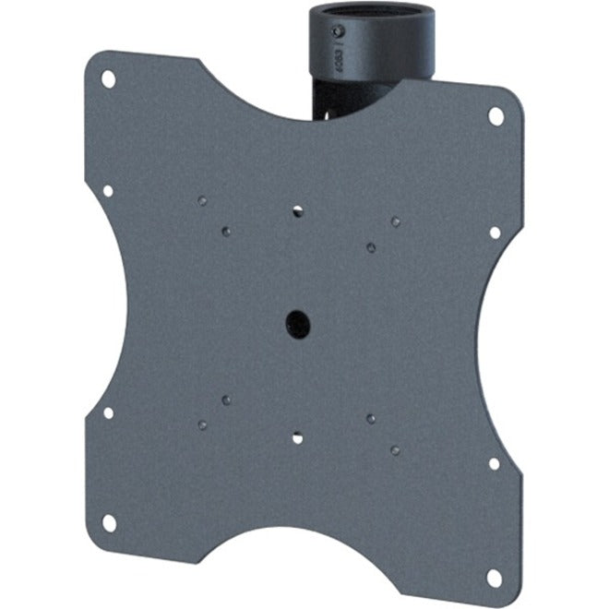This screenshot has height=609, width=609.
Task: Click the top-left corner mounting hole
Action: tap(108, 79)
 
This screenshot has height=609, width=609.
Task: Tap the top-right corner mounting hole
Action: tap(496, 116)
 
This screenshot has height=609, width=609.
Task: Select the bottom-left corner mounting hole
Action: tap(109, 522)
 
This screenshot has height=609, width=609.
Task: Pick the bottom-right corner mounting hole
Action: tap(495, 578)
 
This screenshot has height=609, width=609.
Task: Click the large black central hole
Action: tap(297, 323)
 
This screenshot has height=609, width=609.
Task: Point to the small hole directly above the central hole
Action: tap(297, 211)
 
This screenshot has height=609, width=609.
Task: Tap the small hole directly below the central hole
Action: tap(297, 438)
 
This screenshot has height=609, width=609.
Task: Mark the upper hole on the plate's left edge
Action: tap(108, 191)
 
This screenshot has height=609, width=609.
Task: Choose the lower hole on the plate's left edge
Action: tap(108, 412)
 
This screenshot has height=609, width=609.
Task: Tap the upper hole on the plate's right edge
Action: tap(495, 233)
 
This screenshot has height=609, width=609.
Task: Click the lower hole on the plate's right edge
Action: tap(495, 463)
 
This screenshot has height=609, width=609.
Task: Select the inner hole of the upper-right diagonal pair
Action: tap(370, 246)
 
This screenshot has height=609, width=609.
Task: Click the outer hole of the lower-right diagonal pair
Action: tap(395, 450)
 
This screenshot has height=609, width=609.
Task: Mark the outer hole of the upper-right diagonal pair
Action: tap(395, 221)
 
